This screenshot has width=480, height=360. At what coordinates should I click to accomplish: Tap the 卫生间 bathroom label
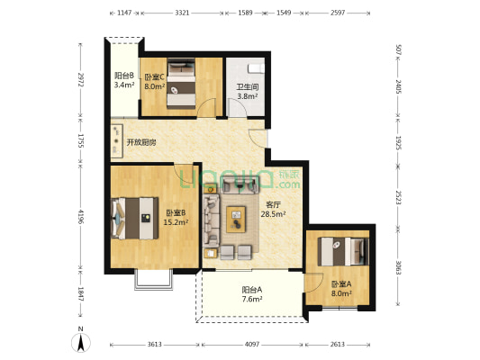pos(248,87)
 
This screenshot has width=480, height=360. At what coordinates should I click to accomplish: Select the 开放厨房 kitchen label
pos(141,142)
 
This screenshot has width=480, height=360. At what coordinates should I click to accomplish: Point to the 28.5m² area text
pos(274,214)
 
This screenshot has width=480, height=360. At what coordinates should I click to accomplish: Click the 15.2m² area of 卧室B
pos(176,222)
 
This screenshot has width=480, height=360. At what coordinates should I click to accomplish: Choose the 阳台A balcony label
pos(252,289)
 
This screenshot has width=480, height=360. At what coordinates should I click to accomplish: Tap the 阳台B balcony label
pos(124,76)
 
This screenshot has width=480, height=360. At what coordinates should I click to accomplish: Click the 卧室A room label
pos(341,284)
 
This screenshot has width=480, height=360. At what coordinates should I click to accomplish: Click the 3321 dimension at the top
pos(182,13)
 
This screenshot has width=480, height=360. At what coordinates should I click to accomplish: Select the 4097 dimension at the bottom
pos(252,345)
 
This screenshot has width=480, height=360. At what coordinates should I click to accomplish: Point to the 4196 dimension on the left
pos(81,217)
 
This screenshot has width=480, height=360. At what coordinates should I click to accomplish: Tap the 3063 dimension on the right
pos(398,267)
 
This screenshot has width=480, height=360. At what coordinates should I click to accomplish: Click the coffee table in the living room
pos(236,220)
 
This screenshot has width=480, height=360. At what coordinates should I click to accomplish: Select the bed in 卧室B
pos(135,218)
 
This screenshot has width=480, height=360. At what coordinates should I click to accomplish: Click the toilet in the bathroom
pos(256,68)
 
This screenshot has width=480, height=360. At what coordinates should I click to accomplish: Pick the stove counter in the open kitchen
pos(117,141)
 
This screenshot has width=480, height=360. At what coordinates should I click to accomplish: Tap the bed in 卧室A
pos(343,251)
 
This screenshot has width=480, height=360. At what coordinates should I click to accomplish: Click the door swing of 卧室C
pos(206,108)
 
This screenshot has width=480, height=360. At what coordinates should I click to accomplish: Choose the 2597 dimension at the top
pos(338,13)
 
